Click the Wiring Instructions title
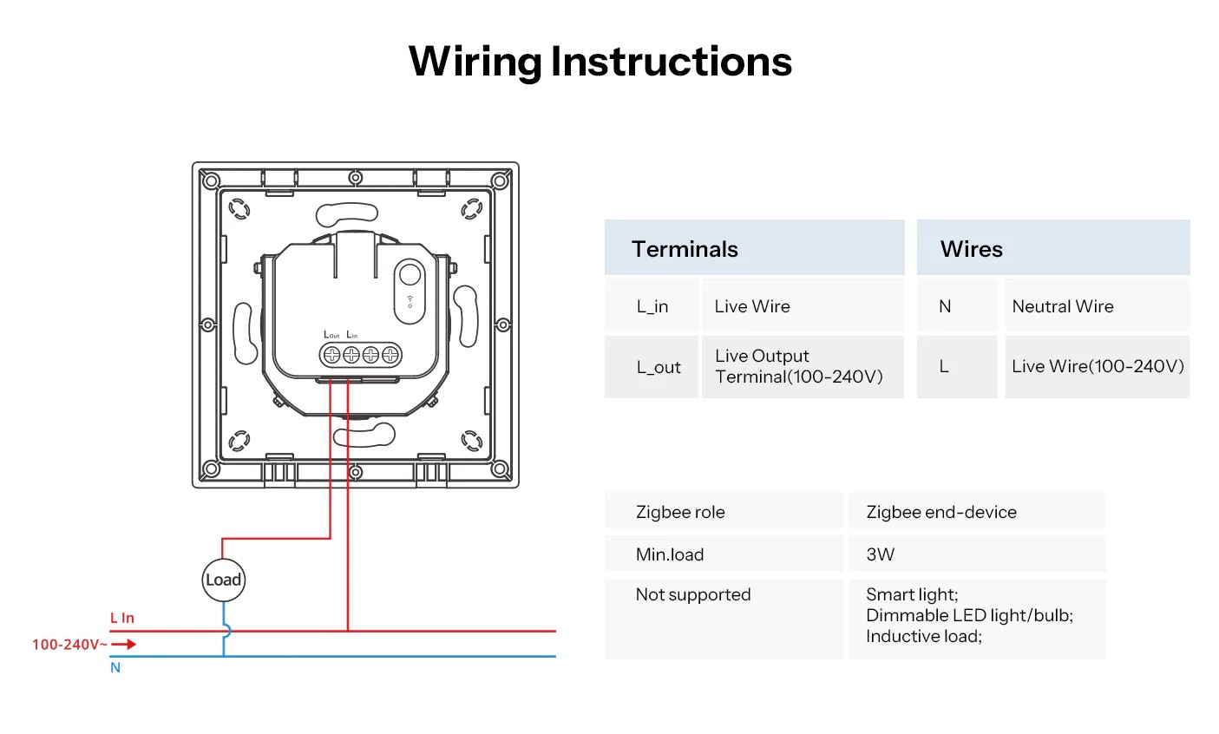coord(600,62)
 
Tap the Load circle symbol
coord(223,580)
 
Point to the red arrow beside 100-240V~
coord(124,645)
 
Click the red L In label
coord(122,618)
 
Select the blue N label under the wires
coord(115,668)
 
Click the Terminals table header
coord(685,249)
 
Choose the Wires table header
coord(971,249)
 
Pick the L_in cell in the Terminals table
coord(652,306)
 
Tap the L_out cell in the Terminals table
coord(659,367)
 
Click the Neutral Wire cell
coord(1062,306)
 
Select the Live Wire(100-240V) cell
coord(1098,366)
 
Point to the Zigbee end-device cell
coord(941,512)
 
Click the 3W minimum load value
coord(880,554)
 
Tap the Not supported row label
coord(693,594)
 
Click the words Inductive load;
coord(923,637)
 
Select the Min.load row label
coord(670,554)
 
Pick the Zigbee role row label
coord(680,512)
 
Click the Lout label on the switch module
coord(331,335)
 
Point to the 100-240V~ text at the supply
coord(69,645)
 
